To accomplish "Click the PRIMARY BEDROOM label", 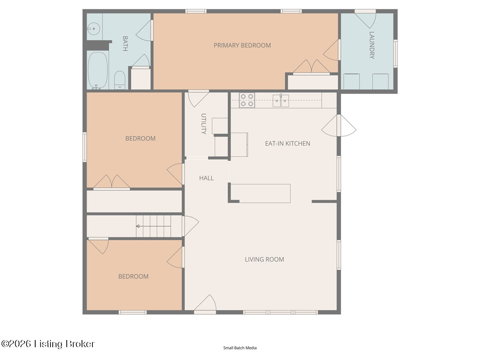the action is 242,45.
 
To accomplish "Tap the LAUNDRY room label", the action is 372,45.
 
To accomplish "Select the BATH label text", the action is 125,44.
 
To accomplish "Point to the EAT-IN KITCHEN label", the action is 288,143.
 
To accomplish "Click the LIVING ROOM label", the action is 264,259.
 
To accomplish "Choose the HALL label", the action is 206,178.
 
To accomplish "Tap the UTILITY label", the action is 204,124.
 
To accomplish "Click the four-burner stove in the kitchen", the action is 247,100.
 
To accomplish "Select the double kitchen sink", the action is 281,100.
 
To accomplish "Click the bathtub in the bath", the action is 98,70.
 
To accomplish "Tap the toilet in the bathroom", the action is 120,80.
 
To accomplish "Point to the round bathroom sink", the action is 94,29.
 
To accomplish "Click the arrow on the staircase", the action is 154,226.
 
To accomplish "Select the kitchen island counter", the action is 261,194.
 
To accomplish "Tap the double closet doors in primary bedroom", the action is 311,66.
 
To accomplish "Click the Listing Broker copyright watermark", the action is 48,344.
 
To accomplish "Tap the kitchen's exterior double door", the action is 339,126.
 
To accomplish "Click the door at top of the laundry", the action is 365,19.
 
